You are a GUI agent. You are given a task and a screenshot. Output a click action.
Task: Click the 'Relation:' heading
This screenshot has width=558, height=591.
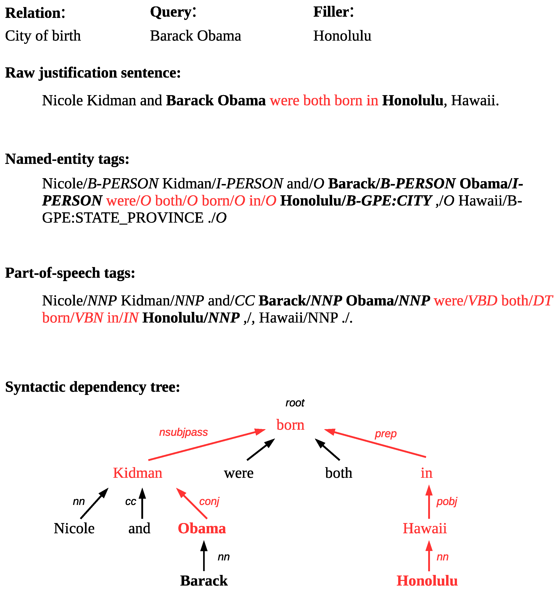click(35, 13)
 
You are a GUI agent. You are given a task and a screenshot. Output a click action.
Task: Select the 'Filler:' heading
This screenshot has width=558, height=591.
click(333, 12)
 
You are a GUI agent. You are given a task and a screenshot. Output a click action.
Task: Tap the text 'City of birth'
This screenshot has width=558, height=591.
click(43, 36)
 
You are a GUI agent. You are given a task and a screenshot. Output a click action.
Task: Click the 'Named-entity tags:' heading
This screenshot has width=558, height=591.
click(67, 159)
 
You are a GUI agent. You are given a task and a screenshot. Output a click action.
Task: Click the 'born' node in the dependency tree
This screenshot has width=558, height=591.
click(290, 425)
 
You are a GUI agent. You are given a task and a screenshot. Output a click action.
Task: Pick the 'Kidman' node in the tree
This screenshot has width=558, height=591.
click(137, 473)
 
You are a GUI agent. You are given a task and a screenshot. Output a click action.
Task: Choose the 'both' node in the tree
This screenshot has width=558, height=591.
click(339, 473)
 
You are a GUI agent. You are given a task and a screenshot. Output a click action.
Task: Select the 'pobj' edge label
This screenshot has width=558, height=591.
click(447, 502)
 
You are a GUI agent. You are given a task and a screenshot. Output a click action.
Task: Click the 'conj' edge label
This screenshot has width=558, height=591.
click(209, 502)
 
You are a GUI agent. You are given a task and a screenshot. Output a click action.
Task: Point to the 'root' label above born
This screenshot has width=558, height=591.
click(295, 403)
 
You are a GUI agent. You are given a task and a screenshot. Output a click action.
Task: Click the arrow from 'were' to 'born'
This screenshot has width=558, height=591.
click(261, 449)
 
